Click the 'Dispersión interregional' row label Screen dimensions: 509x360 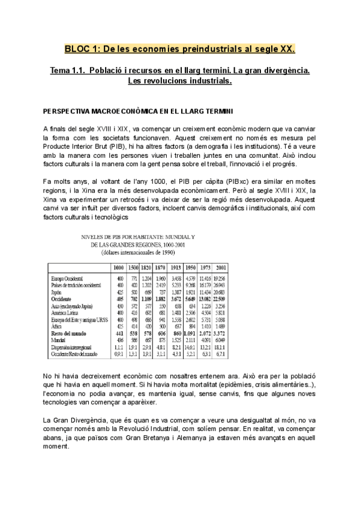point(74,346)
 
